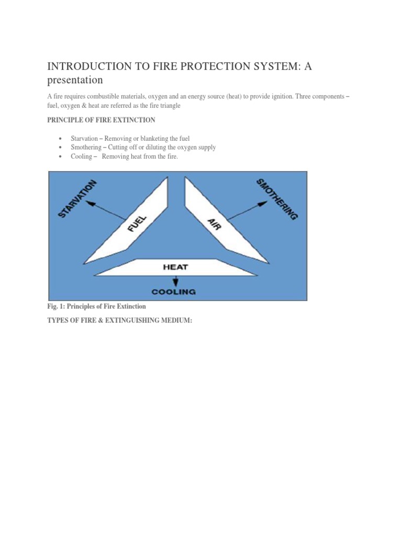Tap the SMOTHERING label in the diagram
click(277, 199)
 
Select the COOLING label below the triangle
click(173, 292)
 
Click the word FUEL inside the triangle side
click(137, 223)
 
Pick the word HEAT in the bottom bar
click(175, 267)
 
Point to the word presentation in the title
click(75, 80)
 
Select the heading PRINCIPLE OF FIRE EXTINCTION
click(101, 120)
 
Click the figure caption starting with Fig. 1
click(96, 306)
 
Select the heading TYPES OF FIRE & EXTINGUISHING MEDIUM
click(120, 320)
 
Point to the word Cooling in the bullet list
click(81, 157)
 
